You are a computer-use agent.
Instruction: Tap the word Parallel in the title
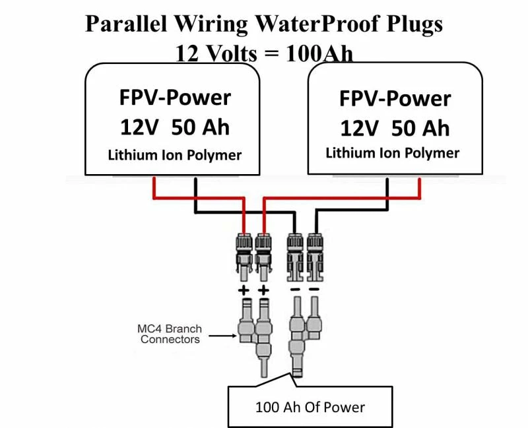click(x=126, y=24)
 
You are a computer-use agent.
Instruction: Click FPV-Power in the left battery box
click(x=175, y=97)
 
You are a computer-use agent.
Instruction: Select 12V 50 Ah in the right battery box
click(x=395, y=127)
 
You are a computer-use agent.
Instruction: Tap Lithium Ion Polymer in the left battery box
click(x=175, y=156)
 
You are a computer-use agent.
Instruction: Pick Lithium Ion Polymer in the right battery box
click(x=393, y=153)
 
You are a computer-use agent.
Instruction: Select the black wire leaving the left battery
click(x=195, y=191)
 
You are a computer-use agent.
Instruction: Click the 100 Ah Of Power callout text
click(x=310, y=407)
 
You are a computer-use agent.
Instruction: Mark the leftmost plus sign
click(x=244, y=290)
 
